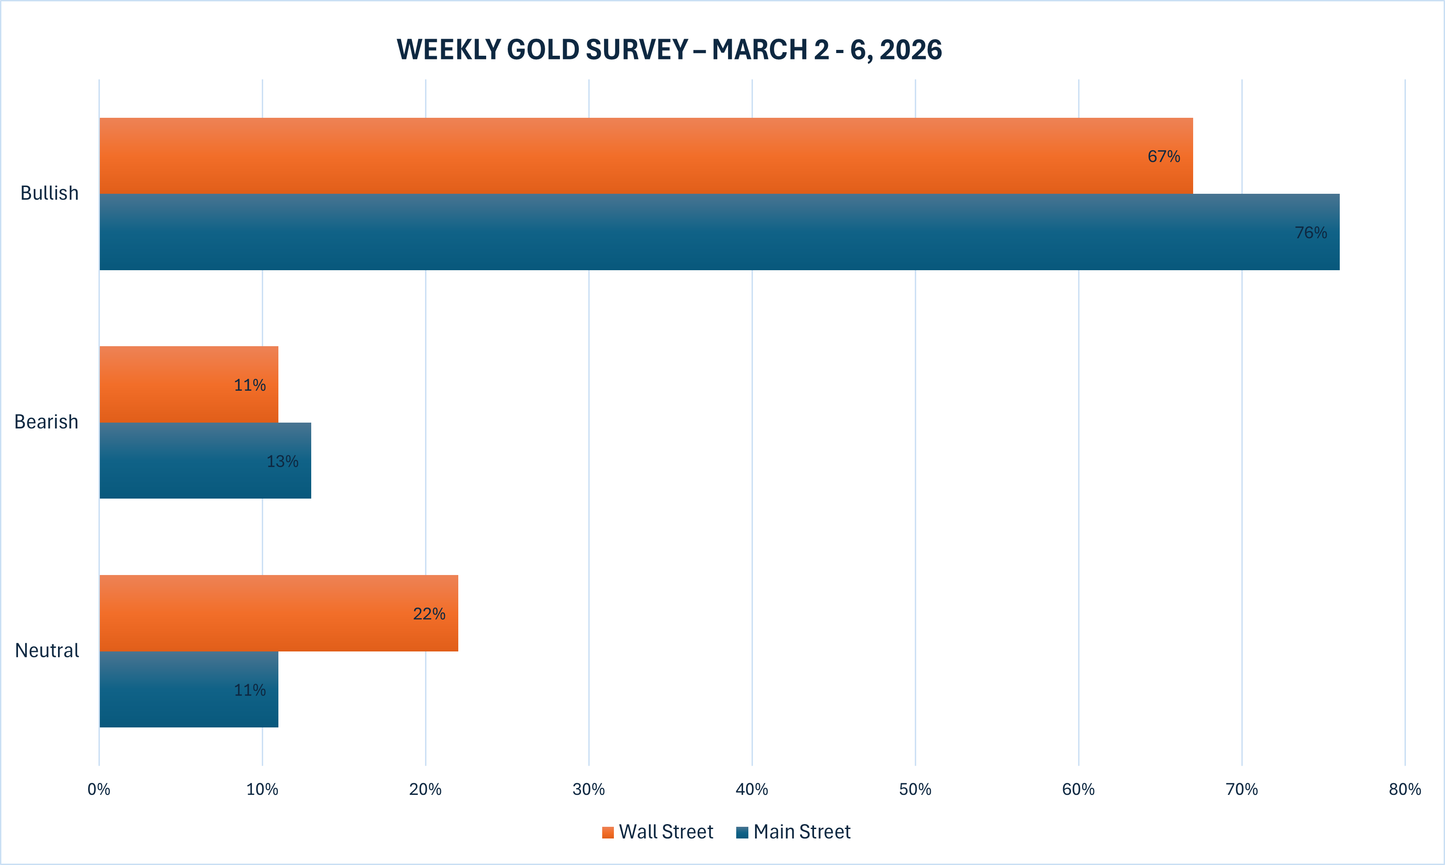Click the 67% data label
point(1163,156)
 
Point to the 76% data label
point(1311,232)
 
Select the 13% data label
point(282,461)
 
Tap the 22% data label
point(429,614)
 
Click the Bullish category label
point(49,193)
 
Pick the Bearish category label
point(46,421)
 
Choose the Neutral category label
point(47,651)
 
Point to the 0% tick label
point(99,789)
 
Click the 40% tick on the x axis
point(752,789)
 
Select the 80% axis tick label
point(1405,789)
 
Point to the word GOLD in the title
point(543,49)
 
